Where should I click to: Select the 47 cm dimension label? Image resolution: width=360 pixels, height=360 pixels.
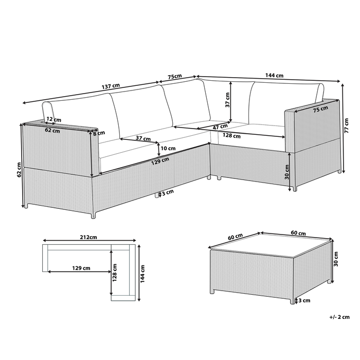click(220, 126)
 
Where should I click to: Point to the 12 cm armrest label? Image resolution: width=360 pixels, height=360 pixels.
click(50, 119)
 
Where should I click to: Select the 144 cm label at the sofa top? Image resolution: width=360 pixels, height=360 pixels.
click(274, 75)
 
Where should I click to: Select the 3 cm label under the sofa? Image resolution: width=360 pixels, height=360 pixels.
click(167, 194)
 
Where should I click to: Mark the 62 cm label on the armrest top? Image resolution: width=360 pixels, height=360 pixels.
click(52, 130)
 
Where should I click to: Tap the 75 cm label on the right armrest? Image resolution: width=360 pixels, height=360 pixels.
click(307, 110)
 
